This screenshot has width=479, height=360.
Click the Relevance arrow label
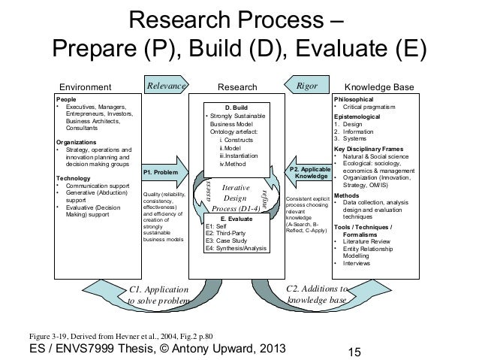pos(166,86)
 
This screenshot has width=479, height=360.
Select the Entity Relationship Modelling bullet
pos(367,252)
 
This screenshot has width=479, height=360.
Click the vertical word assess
pos(210,192)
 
